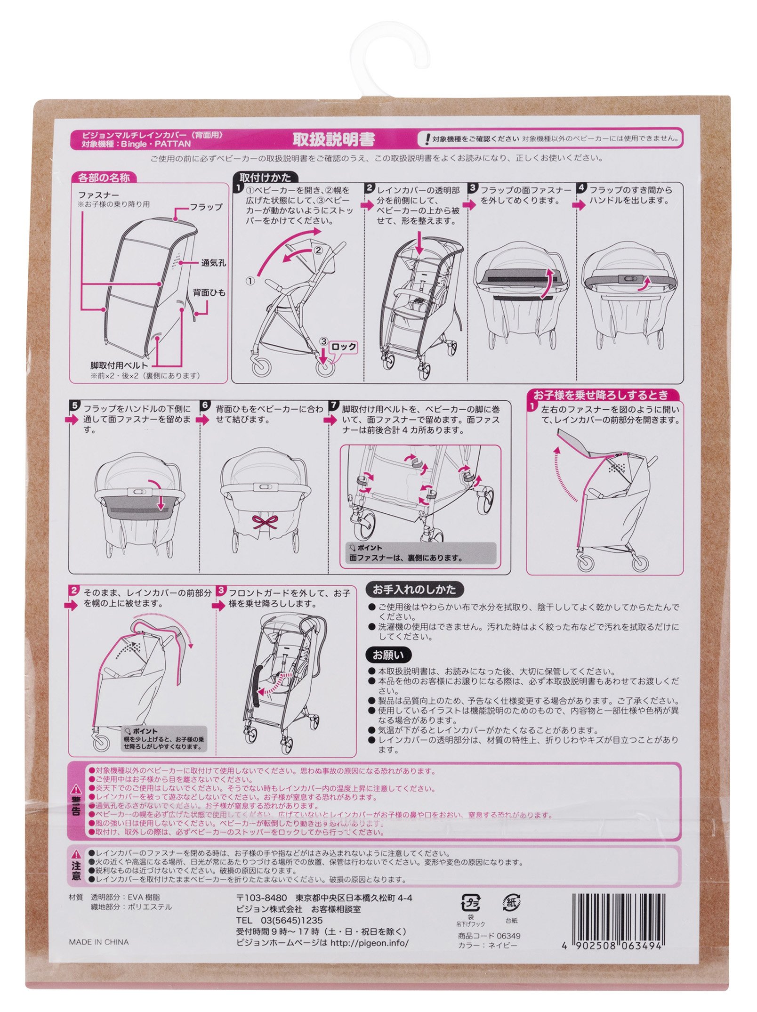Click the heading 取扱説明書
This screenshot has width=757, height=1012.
click(334, 139)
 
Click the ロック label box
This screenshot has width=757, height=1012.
click(343, 347)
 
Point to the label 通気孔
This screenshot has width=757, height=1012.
click(213, 263)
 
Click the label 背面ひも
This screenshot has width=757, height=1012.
click(209, 292)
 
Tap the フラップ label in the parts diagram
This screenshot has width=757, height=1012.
click(206, 207)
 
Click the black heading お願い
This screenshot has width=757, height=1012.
click(388, 655)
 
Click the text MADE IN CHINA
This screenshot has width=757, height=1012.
click(98, 942)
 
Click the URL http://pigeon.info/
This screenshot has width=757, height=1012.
click(370, 943)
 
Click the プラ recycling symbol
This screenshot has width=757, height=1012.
click(470, 904)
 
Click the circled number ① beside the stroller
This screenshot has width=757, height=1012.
click(250, 281)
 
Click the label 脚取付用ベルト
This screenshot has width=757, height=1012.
click(119, 365)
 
